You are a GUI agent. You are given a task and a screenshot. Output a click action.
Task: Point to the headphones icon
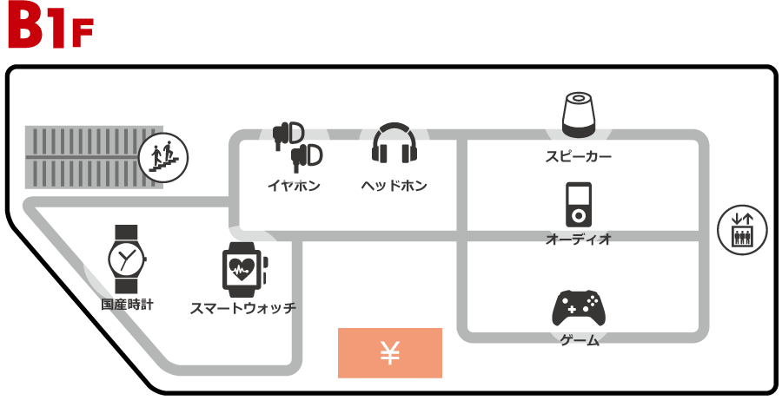click(394, 143)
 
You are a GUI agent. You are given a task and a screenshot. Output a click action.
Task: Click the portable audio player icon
click(579, 205)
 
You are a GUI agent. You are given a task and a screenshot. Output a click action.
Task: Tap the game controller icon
click(579, 307)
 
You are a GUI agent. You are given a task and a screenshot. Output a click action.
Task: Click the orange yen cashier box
click(390, 352)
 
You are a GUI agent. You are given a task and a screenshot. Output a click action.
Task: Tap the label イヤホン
click(294, 186)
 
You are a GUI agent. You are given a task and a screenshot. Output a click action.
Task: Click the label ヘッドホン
click(394, 186)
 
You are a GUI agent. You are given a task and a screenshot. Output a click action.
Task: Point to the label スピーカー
click(579, 157)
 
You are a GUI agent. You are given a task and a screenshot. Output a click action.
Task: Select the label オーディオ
click(579, 238)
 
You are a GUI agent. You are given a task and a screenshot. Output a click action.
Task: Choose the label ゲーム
click(580, 340)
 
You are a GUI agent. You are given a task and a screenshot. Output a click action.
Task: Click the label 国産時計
click(127, 305)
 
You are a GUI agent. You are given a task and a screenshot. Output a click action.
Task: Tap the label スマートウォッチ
click(243, 307)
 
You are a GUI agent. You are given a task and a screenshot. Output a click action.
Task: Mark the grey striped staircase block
click(83, 157)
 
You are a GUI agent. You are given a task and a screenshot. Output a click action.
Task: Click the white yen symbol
click(390, 352)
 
